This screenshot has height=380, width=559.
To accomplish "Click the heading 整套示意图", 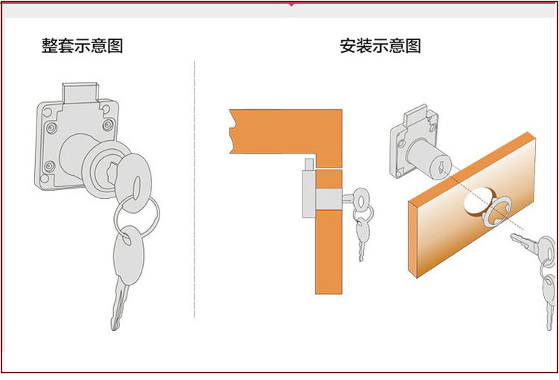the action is point(82,45).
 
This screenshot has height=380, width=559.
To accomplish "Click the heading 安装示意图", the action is point(380,45).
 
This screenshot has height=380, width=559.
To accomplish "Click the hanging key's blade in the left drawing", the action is point(119,305).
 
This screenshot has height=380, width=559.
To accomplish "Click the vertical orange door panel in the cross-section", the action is point(329,238).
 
